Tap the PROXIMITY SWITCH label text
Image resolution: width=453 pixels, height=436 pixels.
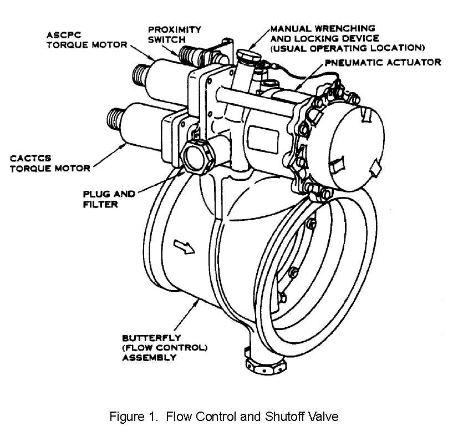pyautogui.click(x=174, y=34)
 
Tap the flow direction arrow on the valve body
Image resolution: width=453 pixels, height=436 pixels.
pyautogui.click(x=184, y=246)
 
